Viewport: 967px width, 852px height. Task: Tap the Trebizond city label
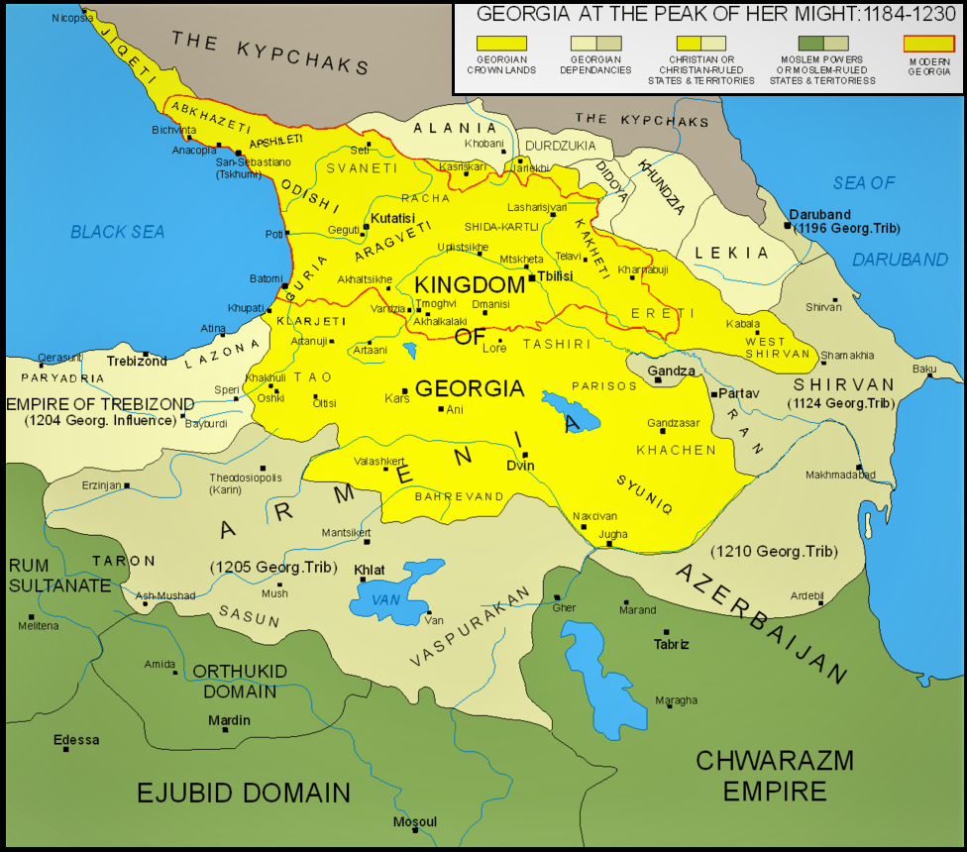click(x=137, y=362)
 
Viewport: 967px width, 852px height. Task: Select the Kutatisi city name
click(x=393, y=217)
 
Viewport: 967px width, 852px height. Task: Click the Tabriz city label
click(x=671, y=644)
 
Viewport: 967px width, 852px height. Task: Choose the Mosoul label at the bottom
click(x=414, y=822)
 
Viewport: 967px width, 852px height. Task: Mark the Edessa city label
click(x=76, y=739)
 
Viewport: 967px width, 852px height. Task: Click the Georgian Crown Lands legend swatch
click(x=501, y=44)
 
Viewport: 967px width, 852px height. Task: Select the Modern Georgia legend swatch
click(x=929, y=44)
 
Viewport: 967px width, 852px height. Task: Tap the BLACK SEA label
click(x=117, y=232)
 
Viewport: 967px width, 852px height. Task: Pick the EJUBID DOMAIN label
click(x=244, y=793)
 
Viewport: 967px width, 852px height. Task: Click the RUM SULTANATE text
click(x=59, y=576)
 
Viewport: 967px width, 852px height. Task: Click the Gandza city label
click(x=670, y=371)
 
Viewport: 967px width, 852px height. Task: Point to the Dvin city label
click(x=520, y=466)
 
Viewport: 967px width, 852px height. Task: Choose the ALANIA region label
click(x=455, y=129)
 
